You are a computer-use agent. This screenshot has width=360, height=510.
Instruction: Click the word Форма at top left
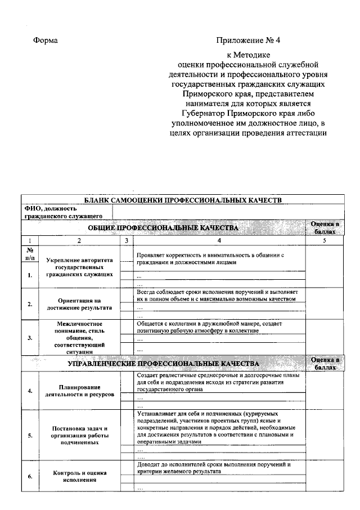click(x=46, y=41)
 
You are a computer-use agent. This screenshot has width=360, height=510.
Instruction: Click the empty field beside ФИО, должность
click(x=228, y=212)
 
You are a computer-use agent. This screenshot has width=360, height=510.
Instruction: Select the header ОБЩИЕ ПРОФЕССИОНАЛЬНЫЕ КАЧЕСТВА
click(x=163, y=227)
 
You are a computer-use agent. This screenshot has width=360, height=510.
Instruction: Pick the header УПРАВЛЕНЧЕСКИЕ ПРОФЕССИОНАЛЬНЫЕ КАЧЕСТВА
click(x=163, y=364)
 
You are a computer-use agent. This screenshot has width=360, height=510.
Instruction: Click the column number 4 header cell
click(x=219, y=241)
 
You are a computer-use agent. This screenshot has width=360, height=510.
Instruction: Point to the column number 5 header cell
click(x=324, y=241)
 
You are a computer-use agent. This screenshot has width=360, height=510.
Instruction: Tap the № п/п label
click(x=31, y=253)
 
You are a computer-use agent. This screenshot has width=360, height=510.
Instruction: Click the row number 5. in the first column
click(x=29, y=436)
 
